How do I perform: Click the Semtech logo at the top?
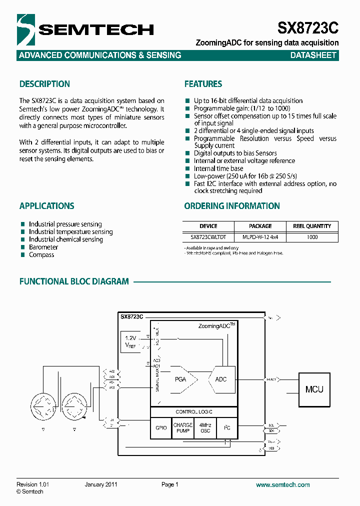tap(85, 29)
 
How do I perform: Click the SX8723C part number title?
tap(308, 28)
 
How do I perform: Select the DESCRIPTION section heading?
tap(44, 84)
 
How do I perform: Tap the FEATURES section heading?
tap(203, 84)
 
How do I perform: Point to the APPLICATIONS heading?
tap(46, 206)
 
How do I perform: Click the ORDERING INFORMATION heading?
tap(232, 206)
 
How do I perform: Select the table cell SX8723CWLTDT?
tap(208, 237)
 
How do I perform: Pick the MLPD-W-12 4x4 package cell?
tap(260, 237)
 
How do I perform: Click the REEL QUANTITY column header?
tap(312, 226)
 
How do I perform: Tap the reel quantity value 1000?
tap(312, 237)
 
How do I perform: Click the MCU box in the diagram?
tap(314, 389)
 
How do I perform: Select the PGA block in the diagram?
tap(180, 379)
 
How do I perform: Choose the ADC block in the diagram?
tap(221, 379)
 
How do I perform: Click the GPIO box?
tap(161, 428)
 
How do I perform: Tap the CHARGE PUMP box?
tap(183, 428)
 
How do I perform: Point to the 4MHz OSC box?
tap(205, 428)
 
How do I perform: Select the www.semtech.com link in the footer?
tap(282, 484)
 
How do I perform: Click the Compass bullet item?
tap(41, 255)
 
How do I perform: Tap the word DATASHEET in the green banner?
tap(313, 55)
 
